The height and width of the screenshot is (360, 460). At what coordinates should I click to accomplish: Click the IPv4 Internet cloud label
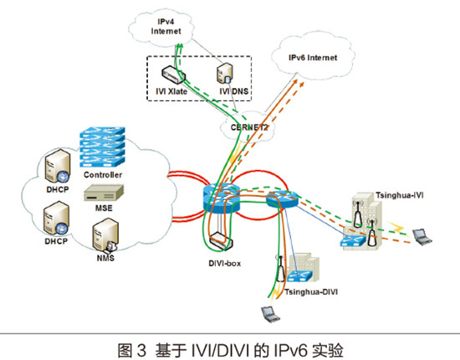166,27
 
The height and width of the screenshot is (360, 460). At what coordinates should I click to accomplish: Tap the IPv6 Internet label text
313,58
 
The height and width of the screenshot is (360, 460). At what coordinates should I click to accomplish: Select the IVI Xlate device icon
173,75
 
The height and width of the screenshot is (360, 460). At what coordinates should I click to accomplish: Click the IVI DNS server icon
225,73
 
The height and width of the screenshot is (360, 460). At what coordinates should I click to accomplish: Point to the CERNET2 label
249,127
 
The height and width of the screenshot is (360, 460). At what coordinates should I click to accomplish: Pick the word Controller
103,175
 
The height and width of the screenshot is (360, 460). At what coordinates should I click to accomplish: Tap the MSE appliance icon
104,193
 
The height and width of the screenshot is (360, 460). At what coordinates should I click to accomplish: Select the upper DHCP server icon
58,166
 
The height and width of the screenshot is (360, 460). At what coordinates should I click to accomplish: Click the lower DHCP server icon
57,218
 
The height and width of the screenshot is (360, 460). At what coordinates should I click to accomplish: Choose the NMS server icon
105,234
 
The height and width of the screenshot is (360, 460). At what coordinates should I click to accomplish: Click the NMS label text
105,258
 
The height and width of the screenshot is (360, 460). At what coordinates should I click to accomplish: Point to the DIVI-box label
225,264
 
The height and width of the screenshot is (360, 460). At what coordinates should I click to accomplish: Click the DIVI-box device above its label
221,241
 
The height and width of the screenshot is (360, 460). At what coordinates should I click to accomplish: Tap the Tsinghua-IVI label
400,195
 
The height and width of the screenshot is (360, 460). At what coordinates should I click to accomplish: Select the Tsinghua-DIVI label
311,292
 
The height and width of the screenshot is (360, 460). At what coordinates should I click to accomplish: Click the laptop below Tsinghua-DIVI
270,314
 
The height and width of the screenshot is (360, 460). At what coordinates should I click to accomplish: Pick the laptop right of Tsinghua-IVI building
422,237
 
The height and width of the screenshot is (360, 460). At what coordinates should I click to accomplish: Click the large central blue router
222,198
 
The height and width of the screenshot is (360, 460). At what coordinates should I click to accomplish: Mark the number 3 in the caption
141,350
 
